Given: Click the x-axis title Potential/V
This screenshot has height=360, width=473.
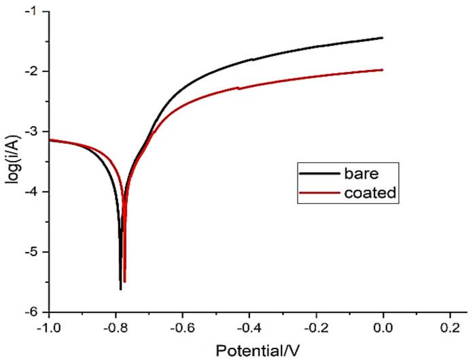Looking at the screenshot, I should click(257, 349).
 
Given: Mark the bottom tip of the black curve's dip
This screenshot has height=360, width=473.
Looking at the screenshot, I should click(120, 289).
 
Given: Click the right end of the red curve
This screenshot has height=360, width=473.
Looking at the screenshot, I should click(383, 69).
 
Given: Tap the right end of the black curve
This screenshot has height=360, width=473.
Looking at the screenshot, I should click(383, 38).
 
